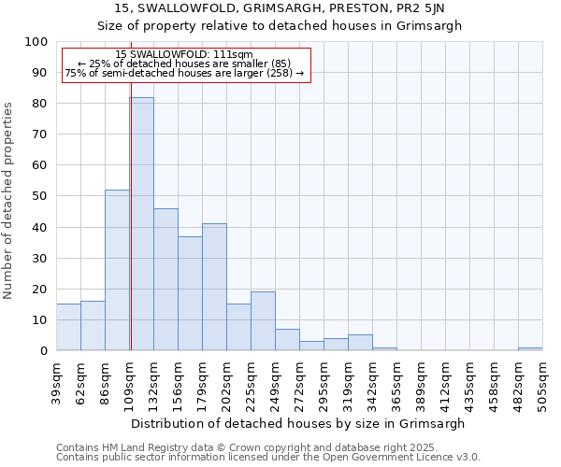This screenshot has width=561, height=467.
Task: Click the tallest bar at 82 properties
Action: pos(142,224)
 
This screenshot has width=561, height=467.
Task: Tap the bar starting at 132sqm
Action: pos(165,279)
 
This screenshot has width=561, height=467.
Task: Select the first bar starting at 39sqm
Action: pos(68,327)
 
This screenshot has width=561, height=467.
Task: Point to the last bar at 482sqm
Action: pos(530,348)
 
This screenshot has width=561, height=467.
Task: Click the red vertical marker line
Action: pos(131,187)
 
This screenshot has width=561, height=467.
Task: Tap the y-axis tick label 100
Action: pos(36,42)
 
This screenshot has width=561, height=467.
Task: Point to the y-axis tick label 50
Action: pos(39,196)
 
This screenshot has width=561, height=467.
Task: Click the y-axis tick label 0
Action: pos(43,350)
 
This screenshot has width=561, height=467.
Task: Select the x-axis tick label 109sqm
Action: pos(130,379)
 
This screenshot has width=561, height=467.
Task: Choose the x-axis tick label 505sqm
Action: pos(543,379)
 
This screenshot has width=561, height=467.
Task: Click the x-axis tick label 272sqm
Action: pos(300,379)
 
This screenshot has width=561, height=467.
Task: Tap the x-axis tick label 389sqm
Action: pos(422,379)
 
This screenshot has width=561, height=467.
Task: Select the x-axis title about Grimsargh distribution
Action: pos(298,423)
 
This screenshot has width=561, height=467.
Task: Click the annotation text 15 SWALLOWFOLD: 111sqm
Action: pos(184,55)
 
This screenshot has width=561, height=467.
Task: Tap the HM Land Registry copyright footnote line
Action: pos(247,447)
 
